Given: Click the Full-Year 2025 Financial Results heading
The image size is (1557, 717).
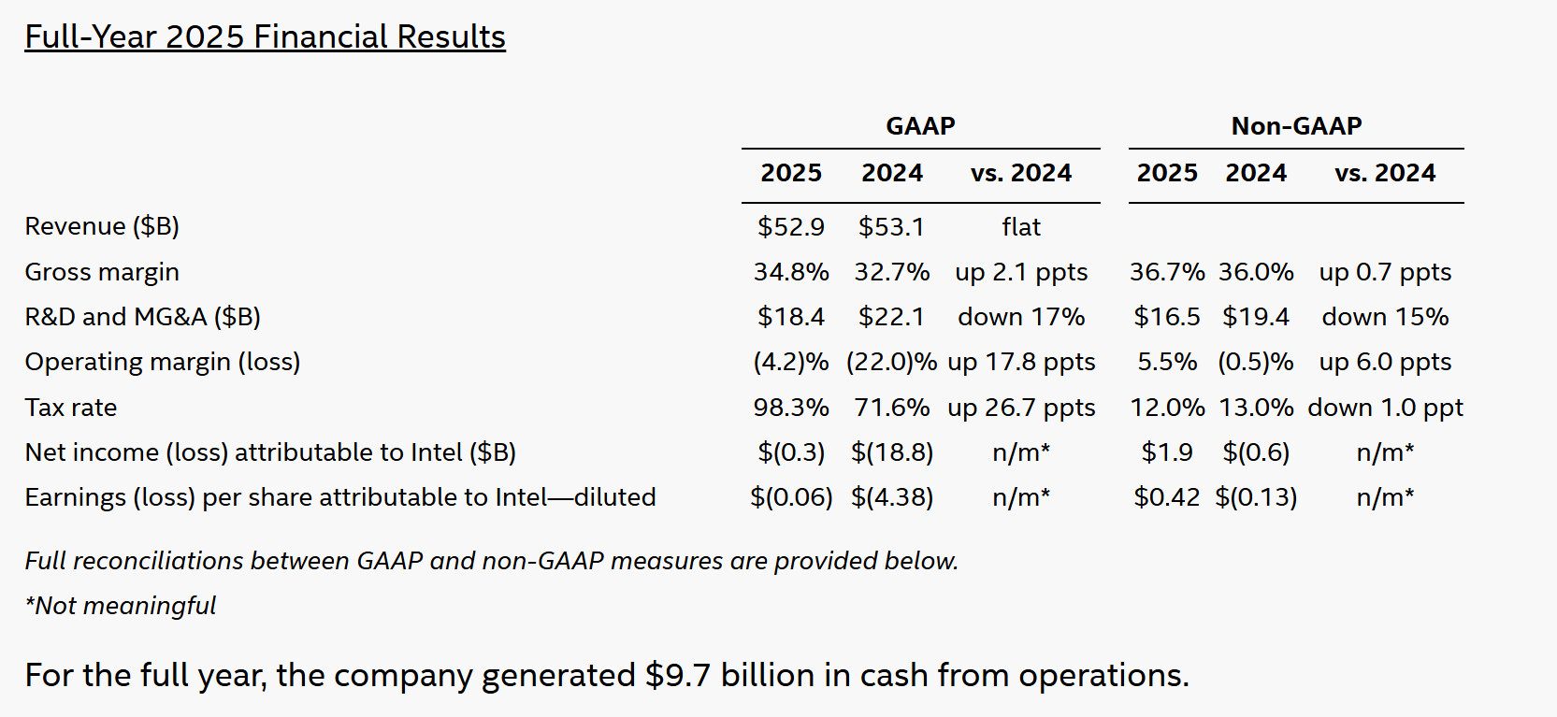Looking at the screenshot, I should [265, 36].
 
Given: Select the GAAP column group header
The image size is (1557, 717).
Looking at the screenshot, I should [920, 125].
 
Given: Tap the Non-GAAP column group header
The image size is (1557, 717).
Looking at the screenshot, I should [1296, 125].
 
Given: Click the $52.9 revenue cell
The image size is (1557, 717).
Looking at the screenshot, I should [791, 226].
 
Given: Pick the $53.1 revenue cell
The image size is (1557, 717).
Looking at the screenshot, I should [891, 226].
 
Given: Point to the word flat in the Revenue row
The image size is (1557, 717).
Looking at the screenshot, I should [1021, 226].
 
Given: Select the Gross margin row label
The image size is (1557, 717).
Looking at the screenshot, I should [102, 272].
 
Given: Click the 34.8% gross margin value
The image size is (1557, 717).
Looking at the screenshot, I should [791, 272].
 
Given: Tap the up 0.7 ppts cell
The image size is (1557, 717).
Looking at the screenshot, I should [1385, 272].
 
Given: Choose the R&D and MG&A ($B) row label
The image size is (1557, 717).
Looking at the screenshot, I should [142, 317].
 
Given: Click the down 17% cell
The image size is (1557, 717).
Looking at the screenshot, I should [1021, 317].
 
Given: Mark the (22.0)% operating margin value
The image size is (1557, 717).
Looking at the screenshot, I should [891, 362].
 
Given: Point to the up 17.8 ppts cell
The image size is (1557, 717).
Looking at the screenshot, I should [1021, 362].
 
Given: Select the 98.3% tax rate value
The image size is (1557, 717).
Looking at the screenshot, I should [791, 408].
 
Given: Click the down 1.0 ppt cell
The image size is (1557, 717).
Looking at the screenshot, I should [1385, 408].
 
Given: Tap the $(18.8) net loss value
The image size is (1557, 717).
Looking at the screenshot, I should [891, 452].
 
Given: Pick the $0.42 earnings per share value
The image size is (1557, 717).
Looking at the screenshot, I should [1166, 497].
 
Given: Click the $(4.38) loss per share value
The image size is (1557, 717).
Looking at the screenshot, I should [891, 497].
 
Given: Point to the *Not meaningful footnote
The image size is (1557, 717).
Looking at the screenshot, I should [121, 606].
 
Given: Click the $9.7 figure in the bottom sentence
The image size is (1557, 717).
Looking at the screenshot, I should [678, 675].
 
